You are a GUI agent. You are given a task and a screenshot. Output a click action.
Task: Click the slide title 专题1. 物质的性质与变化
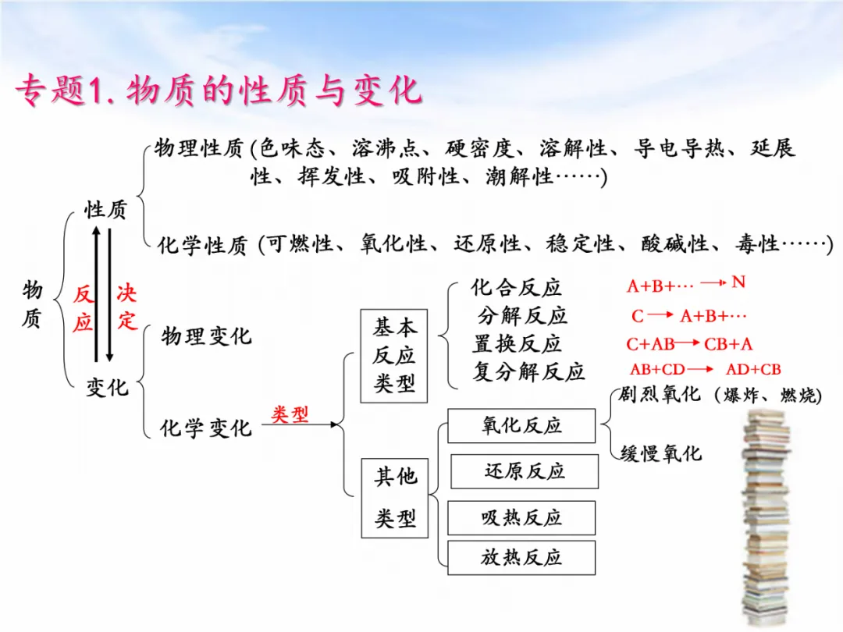coord(219,92)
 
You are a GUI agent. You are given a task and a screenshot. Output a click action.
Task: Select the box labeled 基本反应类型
coord(394,356)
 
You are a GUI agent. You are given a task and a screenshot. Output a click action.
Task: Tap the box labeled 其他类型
coord(394,497)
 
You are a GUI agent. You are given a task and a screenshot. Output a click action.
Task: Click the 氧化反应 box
coord(521,426)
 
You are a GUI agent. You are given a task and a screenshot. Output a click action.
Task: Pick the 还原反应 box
coord(525,471)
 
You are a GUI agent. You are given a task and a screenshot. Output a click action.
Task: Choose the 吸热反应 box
coord(521,517)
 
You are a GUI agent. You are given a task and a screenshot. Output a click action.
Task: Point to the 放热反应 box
coord(521,558)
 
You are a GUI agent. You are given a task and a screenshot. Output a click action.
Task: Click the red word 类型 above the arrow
coord(290,414)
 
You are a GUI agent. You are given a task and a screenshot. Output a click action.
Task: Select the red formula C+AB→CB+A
coord(689,344)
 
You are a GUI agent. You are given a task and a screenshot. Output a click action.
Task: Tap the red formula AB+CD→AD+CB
coord(705,370)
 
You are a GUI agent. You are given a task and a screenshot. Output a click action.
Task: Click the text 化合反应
coord(516,288)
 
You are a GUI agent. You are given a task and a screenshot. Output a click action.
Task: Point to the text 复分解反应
coord(528,371)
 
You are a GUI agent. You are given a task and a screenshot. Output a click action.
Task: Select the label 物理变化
coord(206,336)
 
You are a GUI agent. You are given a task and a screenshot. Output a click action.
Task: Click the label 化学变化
coord(206,428)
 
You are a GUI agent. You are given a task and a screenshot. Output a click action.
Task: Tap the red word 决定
coord(126,307)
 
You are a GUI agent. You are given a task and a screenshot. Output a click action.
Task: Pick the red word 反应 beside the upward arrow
coord(83,309)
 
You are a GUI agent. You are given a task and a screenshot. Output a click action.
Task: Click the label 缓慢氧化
coord(661,453)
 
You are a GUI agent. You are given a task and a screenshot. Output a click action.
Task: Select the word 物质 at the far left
coord(32,305)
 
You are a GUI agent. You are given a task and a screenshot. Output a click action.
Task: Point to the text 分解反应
coord(522,316)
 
